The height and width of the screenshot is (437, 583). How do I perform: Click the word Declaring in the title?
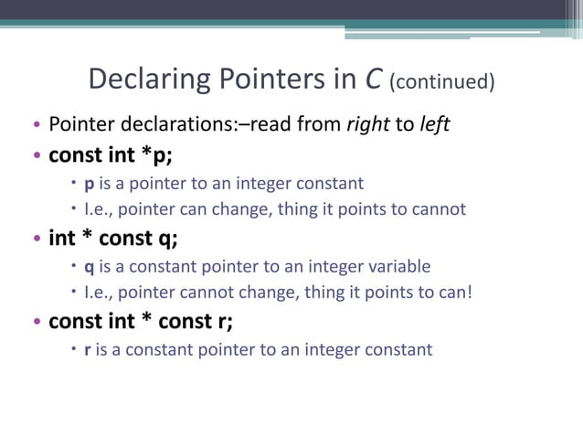149,80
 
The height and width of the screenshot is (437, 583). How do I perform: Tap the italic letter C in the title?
373,80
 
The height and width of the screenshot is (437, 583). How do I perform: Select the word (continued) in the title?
442,83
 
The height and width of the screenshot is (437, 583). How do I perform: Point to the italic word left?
434,124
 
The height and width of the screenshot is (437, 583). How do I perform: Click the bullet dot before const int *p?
37,155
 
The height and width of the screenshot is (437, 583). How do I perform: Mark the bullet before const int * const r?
37,323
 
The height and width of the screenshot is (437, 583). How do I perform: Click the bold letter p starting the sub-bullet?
89,184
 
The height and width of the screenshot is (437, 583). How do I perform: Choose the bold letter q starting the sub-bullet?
89,268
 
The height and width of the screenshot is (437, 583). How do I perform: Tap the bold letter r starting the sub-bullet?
88,349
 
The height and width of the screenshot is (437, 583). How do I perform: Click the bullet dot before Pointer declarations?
37,126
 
